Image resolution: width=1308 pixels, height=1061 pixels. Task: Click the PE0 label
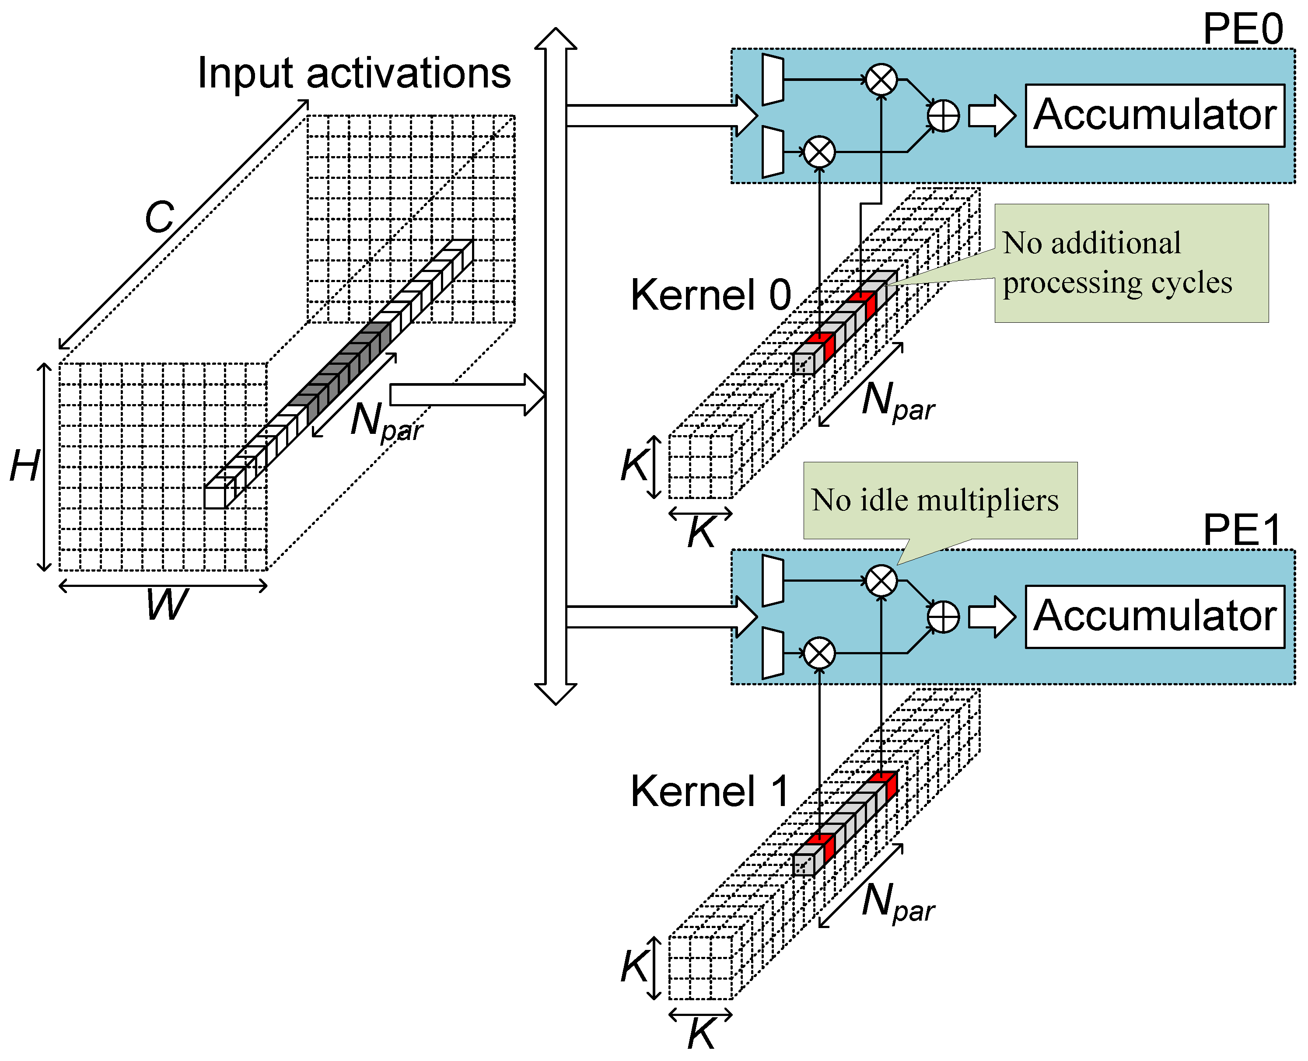pos(1242,29)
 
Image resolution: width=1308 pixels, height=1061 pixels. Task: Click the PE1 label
pos(1242,530)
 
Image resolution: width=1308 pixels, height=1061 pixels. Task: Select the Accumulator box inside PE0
pos(1154,115)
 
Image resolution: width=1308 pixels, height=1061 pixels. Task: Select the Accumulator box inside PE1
pos(1154,617)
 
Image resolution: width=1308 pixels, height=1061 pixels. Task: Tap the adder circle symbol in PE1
pos(943,617)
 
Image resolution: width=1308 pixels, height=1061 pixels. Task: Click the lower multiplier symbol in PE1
pos(819,653)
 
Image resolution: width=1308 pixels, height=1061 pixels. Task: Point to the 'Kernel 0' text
pos(710,295)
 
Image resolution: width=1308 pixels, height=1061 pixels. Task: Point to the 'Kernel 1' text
pos(709,792)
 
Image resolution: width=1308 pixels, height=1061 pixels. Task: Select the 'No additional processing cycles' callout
pos(1131,263)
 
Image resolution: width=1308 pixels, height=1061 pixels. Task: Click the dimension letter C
pos(160,217)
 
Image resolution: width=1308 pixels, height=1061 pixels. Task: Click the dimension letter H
pos(24,466)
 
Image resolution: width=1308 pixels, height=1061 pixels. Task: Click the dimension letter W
pos(167,605)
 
